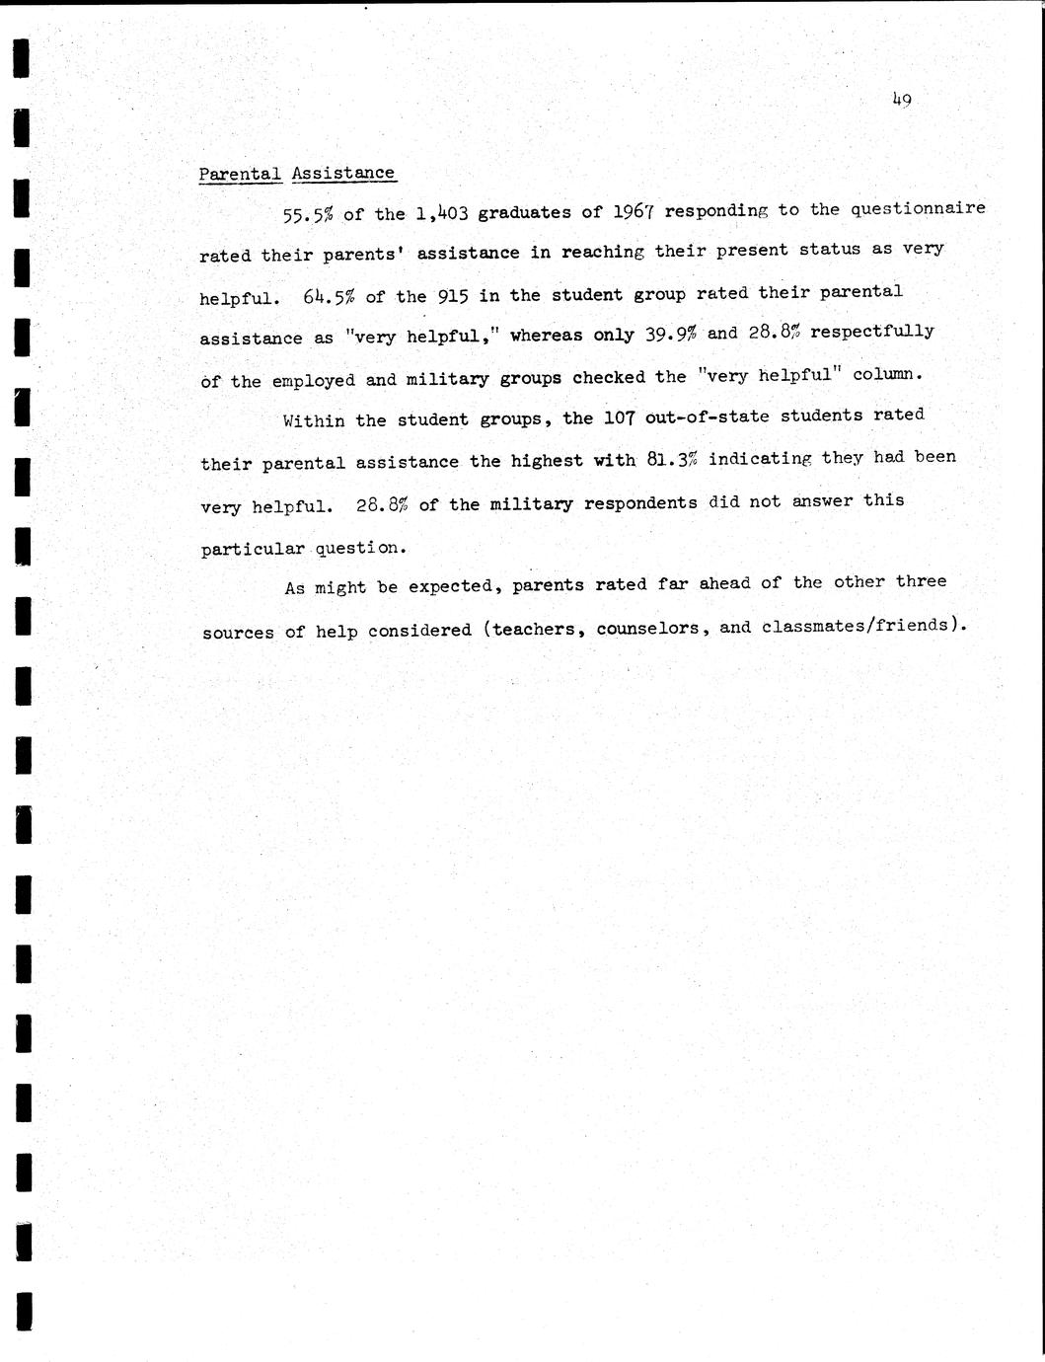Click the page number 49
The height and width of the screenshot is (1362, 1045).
pyautogui.click(x=901, y=99)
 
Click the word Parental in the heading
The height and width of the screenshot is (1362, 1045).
pyautogui.click(x=240, y=175)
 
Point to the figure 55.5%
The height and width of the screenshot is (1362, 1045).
pyautogui.click(x=307, y=214)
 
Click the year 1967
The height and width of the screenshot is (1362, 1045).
pyautogui.click(x=634, y=211)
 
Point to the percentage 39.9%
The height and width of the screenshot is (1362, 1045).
pyautogui.click(x=671, y=334)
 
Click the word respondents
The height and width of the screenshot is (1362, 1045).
pyautogui.click(x=640, y=502)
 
